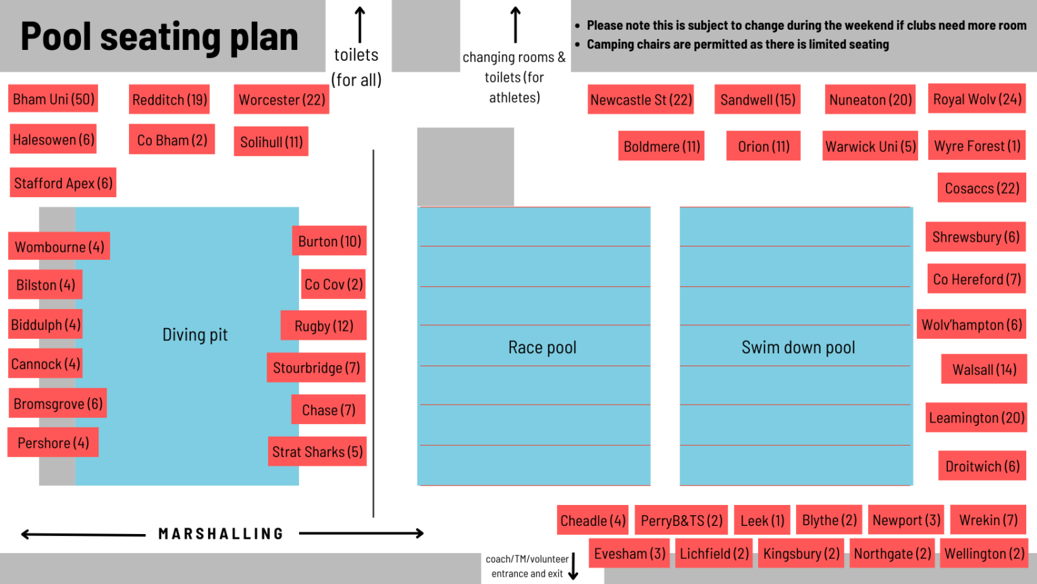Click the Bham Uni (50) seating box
[53, 99]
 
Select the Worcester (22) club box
[282, 99]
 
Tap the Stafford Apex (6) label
[63, 182]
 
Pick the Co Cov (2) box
[334, 284]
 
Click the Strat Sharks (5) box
[317, 452]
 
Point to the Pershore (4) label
[53, 443]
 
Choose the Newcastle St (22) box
[641, 99]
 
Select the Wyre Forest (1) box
[977, 146]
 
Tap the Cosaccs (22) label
[982, 188]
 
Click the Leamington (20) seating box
[976, 418]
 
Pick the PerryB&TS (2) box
[681, 521]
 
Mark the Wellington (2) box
[984, 554]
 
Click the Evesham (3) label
[629, 554]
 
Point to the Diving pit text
[195, 335]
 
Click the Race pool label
[542, 348]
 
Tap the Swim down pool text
[798, 348]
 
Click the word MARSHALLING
[221, 534]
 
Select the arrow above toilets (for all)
[360, 24]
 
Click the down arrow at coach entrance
[573, 566]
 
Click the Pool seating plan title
[159, 36]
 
